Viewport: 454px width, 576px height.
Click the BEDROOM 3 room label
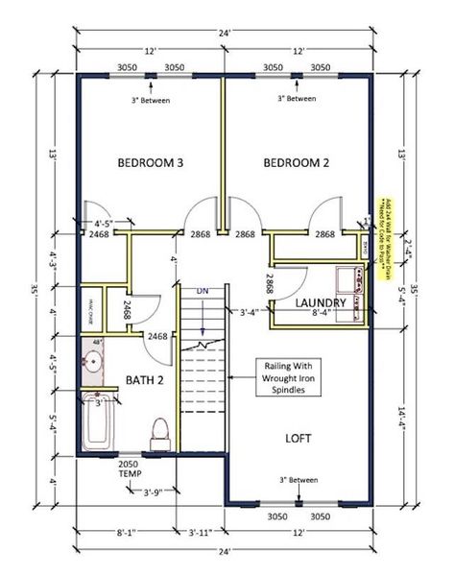(x=151, y=163)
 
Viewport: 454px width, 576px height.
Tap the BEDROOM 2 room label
(x=296, y=163)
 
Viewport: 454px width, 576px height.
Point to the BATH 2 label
(x=146, y=380)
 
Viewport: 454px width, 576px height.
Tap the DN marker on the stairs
(x=203, y=292)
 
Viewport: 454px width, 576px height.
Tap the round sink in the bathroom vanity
(x=95, y=363)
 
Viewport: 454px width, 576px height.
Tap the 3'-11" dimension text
(x=202, y=531)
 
